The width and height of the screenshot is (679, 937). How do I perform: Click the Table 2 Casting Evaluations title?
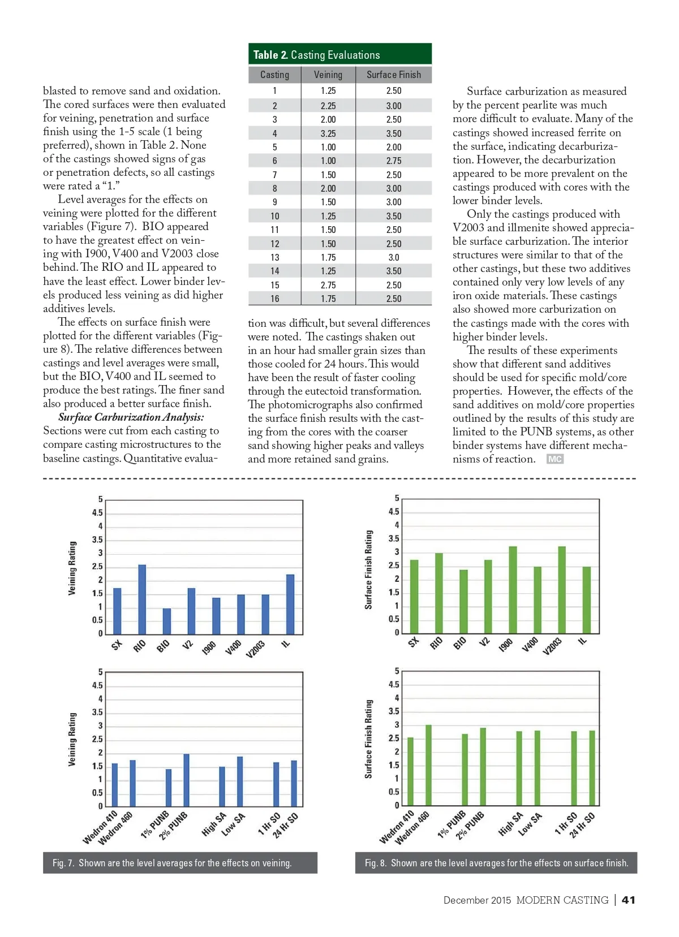click(x=316, y=55)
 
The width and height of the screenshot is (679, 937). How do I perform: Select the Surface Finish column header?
click(x=393, y=75)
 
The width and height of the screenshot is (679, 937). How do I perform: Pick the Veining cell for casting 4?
click(x=328, y=133)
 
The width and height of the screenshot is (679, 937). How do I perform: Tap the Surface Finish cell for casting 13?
click(x=393, y=257)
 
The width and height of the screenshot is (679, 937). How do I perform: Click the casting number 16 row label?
click(x=274, y=299)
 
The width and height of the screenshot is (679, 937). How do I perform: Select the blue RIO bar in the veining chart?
click(x=142, y=599)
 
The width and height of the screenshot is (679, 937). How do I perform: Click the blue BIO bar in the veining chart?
click(x=166, y=621)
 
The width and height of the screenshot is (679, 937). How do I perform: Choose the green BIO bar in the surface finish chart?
click(x=463, y=602)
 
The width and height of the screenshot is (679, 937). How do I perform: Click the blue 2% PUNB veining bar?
click(x=186, y=780)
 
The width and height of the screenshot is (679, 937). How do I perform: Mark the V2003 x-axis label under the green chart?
click(x=552, y=646)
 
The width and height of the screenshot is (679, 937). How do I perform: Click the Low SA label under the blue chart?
click(x=233, y=824)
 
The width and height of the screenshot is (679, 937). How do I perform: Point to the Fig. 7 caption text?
click(x=172, y=863)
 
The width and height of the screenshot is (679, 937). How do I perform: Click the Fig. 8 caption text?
click(x=496, y=863)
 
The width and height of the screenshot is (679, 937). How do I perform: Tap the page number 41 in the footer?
click(x=628, y=900)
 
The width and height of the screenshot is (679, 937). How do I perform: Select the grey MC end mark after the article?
click(x=555, y=459)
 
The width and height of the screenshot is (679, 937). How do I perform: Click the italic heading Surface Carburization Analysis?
click(x=131, y=417)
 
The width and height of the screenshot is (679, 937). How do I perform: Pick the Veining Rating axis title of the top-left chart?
click(x=72, y=568)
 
